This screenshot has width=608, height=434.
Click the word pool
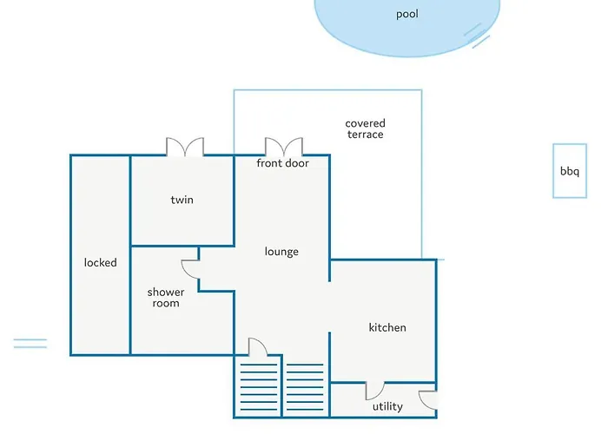point(406,15)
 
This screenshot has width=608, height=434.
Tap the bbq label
point(570,171)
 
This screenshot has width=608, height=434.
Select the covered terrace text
point(366,128)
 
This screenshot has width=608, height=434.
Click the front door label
point(282,163)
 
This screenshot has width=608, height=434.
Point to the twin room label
point(182,200)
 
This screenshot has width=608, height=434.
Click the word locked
point(101,262)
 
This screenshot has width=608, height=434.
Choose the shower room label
point(166,298)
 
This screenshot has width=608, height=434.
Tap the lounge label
point(281,252)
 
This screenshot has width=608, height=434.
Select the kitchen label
point(387,327)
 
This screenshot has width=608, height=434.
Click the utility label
point(387,406)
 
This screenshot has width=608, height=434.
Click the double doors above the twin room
point(185,147)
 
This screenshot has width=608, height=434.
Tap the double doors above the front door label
point(284,147)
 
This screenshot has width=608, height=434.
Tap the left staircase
point(259,387)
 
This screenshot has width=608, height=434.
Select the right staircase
point(305,387)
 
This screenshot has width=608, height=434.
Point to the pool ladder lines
point(477,36)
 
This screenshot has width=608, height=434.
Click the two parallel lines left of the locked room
point(30,344)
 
